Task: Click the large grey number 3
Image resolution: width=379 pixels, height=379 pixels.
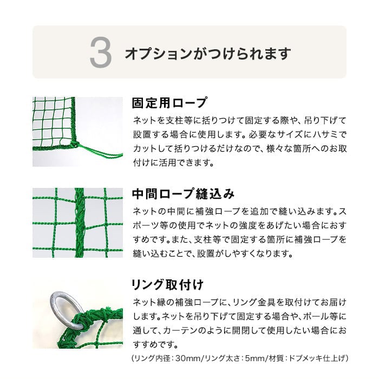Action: [101, 52]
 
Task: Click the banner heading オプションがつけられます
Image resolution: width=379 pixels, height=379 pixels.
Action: [208, 53]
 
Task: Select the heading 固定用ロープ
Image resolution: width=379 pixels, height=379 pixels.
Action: [169, 103]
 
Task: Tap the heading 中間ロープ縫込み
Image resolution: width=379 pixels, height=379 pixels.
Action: [183, 194]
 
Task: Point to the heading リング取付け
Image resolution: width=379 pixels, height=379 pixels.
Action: [167, 285]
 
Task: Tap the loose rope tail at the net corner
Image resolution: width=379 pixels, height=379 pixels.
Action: [102, 151]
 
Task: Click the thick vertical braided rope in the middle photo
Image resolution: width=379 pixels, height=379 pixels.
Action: [79, 223]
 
